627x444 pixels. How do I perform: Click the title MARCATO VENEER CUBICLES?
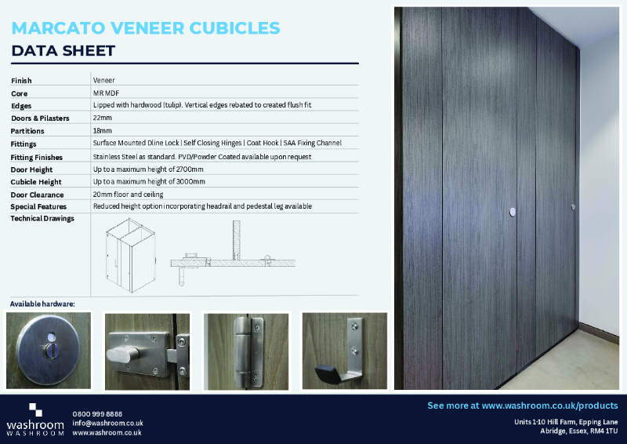[146, 28]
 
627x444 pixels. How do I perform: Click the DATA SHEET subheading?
[63, 52]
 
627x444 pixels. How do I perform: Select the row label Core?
[20, 93]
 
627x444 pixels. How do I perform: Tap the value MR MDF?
[106, 93]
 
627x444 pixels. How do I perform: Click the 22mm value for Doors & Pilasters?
[103, 118]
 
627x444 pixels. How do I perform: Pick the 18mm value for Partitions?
[103, 130]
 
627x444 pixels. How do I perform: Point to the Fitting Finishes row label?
[38, 156]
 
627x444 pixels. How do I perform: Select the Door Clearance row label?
[37, 194]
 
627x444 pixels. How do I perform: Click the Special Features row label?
[39, 206]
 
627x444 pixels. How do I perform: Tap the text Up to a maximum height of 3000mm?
[149, 181]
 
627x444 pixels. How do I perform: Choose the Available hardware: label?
[42, 303]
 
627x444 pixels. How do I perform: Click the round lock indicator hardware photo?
[49, 350]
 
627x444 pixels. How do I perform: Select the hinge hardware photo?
[246, 350]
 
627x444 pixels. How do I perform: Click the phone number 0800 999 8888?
[97, 413]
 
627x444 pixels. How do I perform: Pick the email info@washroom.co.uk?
[107, 423]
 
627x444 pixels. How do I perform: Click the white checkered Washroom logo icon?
[36, 410]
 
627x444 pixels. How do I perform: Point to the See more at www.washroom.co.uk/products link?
[522, 406]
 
